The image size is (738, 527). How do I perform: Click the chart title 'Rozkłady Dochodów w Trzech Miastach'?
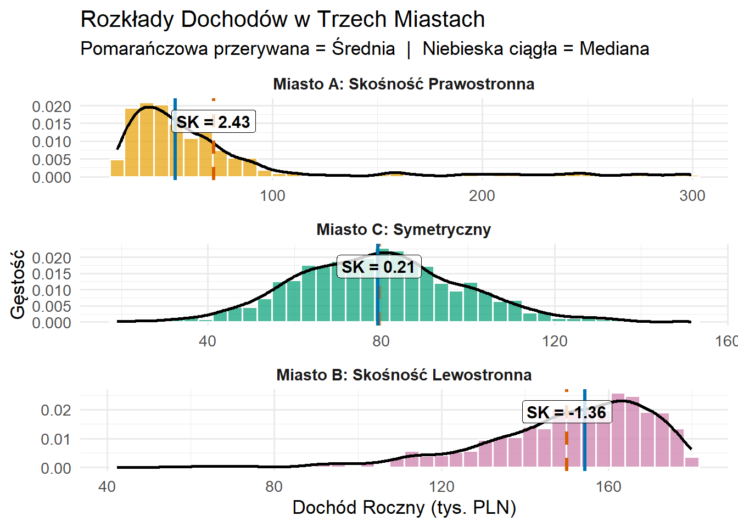tap(283, 20)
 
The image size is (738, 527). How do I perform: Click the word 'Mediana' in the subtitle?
tap(614, 49)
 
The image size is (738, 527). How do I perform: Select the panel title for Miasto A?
tap(404, 84)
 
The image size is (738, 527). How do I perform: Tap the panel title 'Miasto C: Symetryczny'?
tap(404, 229)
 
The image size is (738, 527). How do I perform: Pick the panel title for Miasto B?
tap(404, 375)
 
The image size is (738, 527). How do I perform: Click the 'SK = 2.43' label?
tap(213, 122)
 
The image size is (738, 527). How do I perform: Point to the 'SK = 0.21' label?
tap(378, 267)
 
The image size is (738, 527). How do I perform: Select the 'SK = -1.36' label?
tap(566, 412)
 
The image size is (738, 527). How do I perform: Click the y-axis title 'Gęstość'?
tap(18, 284)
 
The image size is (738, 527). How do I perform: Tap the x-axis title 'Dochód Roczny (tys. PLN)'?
tap(404, 507)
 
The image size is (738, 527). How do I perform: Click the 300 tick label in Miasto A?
tap(692, 195)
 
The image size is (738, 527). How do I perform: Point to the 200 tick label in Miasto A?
tap(482, 195)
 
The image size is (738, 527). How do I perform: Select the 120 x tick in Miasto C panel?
tap(555, 341)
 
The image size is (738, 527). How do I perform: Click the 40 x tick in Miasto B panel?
tap(107, 486)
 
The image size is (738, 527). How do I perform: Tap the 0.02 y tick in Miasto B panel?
tap(56, 410)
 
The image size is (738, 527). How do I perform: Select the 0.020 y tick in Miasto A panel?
tap(52, 106)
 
